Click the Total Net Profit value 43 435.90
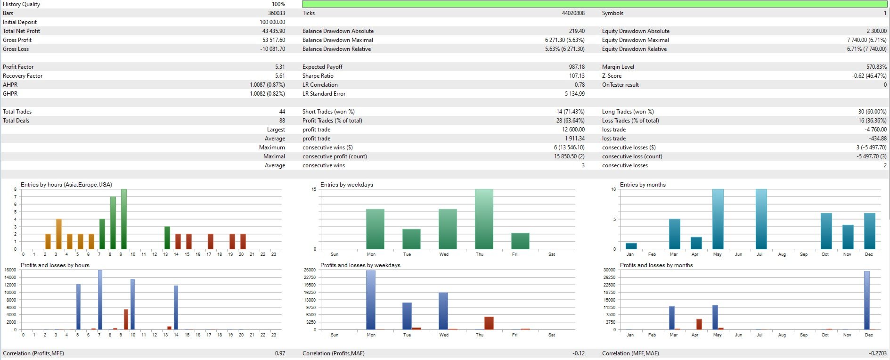point(273,31)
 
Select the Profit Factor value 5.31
point(280,67)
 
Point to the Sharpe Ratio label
point(318,76)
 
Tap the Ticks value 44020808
point(573,13)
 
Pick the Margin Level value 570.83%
point(876,67)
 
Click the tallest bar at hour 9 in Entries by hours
point(124,219)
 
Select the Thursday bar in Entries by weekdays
point(484,219)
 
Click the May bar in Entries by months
point(718,219)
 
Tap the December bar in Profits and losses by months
point(867,300)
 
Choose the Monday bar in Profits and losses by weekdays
point(371,300)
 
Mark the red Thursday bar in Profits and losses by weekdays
point(489,323)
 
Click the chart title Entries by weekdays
point(346,185)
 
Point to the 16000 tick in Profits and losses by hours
point(10,270)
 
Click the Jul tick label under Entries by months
point(759,254)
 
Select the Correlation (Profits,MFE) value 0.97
point(280,353)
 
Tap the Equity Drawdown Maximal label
point(635,40)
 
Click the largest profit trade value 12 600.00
point(573,130)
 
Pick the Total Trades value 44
point(282,112)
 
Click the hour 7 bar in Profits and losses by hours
point(100,300)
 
